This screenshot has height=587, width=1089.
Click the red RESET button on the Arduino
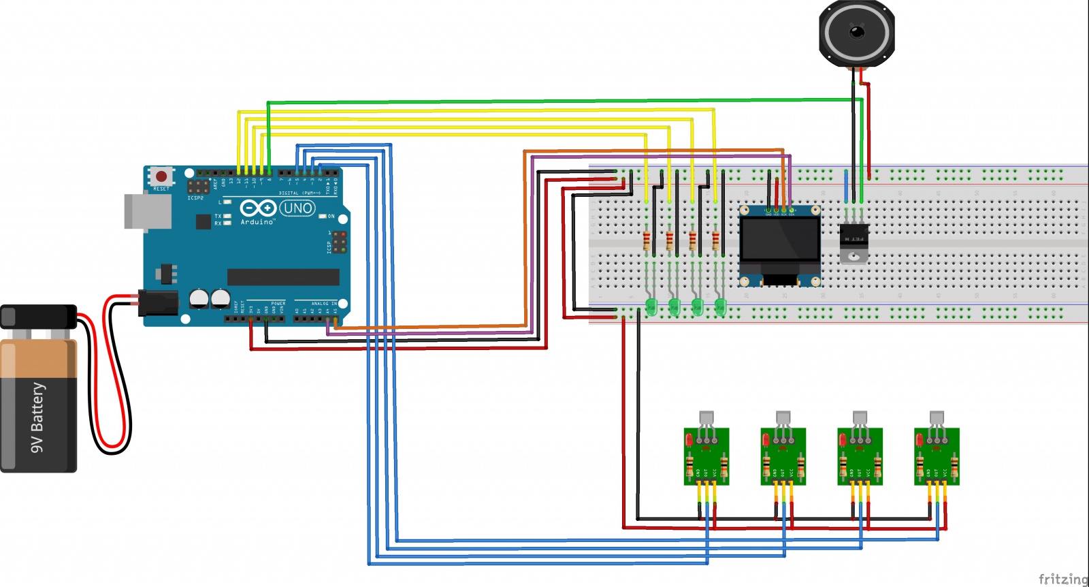(161, 176)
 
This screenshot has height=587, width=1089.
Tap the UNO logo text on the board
(297, 208)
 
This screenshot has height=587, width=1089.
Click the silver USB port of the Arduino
(147, 212)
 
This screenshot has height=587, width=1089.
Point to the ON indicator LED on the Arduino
(323, 217)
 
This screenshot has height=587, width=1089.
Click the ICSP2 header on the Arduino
(198, 186)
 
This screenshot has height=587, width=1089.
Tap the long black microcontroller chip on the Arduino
(283, 276)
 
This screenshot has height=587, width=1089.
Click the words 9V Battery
(37, 417)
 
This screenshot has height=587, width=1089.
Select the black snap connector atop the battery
(38, 317)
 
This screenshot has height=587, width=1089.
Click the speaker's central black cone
(856, 31)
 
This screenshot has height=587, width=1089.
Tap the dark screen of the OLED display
(780, 239)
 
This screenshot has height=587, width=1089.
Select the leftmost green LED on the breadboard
(651, 306)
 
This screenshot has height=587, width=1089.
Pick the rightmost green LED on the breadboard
(720, 306)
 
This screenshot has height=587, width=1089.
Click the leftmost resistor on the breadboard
(647, 240)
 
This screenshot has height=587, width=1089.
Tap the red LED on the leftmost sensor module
(689, 441)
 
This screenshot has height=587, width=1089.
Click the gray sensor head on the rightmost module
(937, 417)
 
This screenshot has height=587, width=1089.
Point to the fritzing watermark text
(1063, 579)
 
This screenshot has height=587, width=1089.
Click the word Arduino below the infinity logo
(257, 222)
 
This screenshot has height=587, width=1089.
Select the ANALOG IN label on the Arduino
(324, 304)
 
